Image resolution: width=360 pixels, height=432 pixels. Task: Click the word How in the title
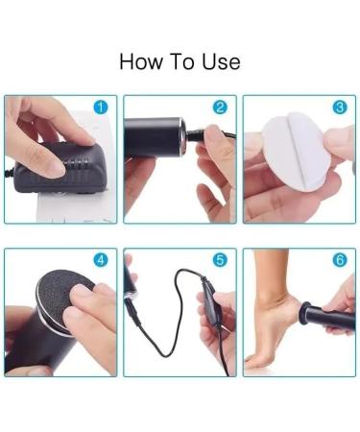[x=142, y=62]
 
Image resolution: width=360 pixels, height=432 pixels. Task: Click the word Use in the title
[x=221, y=62]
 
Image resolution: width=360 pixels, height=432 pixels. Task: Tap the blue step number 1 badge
[x=101, y=108]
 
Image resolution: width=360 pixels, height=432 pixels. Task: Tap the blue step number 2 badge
[x=220, y=108]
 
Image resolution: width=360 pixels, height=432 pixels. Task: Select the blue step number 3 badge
[x=340, y=108]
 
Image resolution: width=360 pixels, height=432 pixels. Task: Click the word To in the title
[x=183, y=62]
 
